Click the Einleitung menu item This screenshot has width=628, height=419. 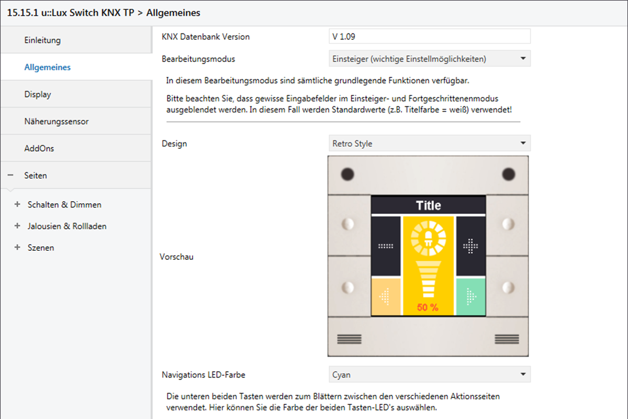[42, 40]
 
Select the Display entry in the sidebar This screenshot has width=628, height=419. [38, 94]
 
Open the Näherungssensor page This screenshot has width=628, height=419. [57, 121]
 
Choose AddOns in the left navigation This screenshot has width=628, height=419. [39, 148]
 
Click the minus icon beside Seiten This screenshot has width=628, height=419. [10, 175]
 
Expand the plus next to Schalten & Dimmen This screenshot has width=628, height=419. [17, 204]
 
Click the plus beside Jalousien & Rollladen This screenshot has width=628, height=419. [17, 226]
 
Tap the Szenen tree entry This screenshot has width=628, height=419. [41, 248]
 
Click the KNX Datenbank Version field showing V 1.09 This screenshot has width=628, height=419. [430, 37]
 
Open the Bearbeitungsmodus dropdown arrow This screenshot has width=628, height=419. [523, 58]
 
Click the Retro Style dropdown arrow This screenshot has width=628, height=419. [523, 143]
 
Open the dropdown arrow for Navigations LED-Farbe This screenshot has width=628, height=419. [523, 374]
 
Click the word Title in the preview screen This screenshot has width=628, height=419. [429, 205]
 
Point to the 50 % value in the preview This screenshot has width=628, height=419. [428, 307]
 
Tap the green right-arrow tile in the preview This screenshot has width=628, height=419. [470, 296]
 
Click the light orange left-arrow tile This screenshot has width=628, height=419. [386, 296]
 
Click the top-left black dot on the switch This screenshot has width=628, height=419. [347, 174]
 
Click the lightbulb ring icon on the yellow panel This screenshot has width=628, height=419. [428, 238]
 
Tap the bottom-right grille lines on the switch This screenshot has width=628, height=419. [507, 339]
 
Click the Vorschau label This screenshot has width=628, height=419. [177, 257]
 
